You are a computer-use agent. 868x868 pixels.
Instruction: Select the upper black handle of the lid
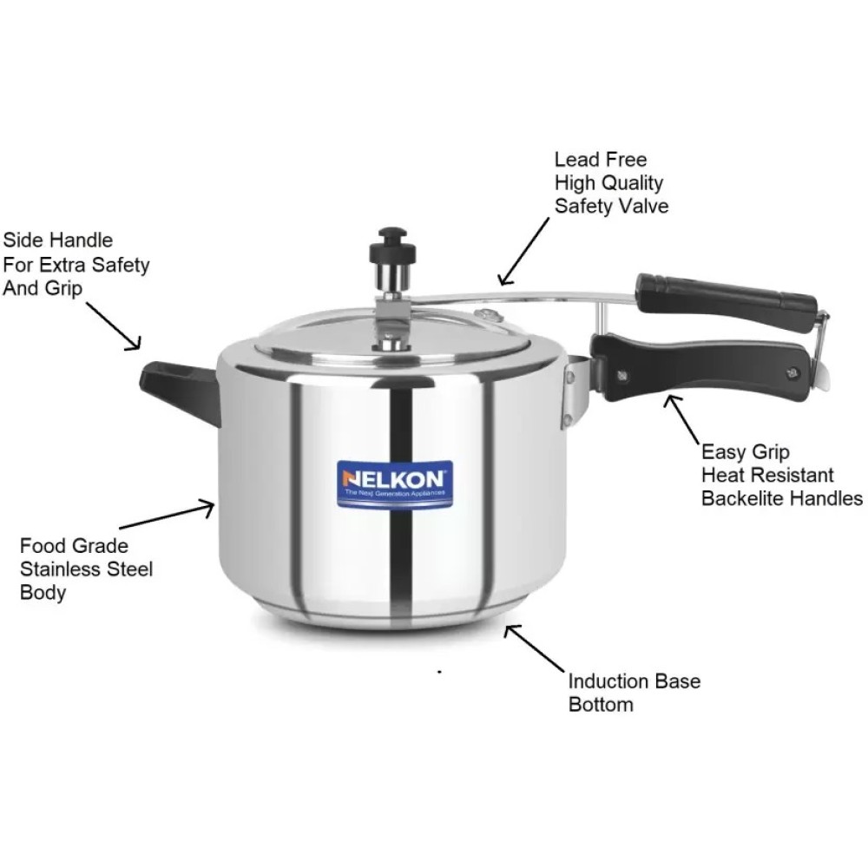(726, 298)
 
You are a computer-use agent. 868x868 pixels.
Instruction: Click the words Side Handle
(57, 240)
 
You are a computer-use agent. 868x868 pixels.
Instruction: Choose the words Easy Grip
(745, 452)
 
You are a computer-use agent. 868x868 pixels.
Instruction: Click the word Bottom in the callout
(601, 704)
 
